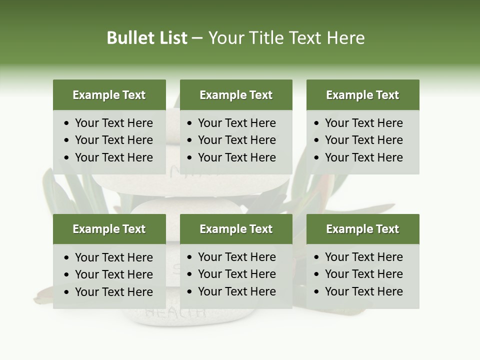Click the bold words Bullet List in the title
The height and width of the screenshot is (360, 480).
(x=147, y=38)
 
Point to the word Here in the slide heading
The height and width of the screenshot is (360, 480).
(x=345, y=38)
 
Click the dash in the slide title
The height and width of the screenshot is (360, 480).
(x=197, y=38)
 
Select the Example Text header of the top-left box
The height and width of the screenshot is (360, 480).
(x=109, y=95)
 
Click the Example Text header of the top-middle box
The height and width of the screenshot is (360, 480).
(x=236, y=95)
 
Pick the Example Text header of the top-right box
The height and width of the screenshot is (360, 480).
(x=362, y=95)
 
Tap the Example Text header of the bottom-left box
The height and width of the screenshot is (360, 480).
(x=109, y=229)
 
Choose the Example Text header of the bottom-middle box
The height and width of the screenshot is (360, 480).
(x=236, y=229)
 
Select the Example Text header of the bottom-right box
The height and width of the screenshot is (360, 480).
(x=362, y=229)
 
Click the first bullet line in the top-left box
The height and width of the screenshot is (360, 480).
(x=113, y=123)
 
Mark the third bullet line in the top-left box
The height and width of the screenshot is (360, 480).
(x=113, y=157)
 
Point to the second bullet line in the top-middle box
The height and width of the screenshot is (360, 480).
(x=236, y=140)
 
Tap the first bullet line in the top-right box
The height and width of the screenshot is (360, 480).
(x=363, y=123)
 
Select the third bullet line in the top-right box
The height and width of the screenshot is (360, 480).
(x=363, y=157)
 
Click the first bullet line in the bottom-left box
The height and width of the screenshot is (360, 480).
(x=113, y=257)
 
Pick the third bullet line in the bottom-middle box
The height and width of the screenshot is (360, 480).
(x=236, y=291)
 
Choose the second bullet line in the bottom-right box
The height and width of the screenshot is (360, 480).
(x=363, y=274)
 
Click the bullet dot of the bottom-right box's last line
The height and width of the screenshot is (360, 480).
(x=316, y=292)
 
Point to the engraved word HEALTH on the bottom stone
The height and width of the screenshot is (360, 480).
(x=175, y=313)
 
